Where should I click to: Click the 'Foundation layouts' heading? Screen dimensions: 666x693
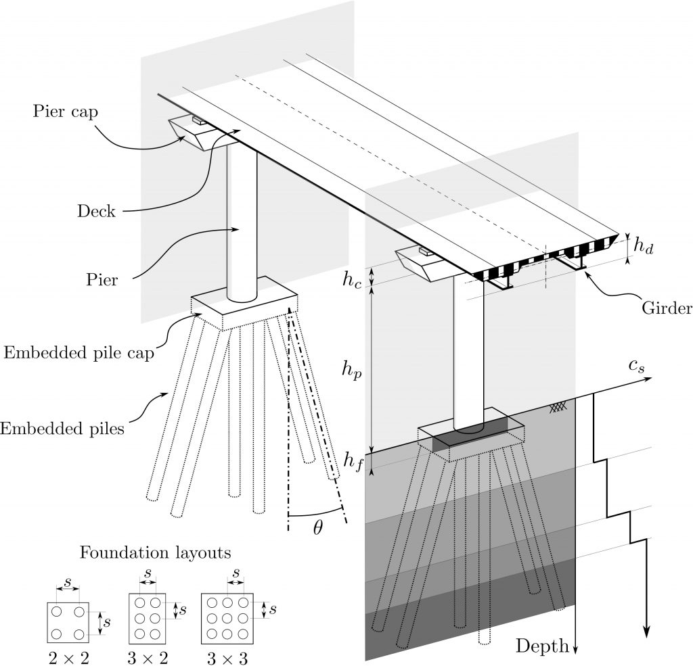(156, 552)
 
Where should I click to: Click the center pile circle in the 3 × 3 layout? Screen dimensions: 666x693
(227, 618)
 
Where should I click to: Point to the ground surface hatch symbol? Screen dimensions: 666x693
(558, 407)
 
